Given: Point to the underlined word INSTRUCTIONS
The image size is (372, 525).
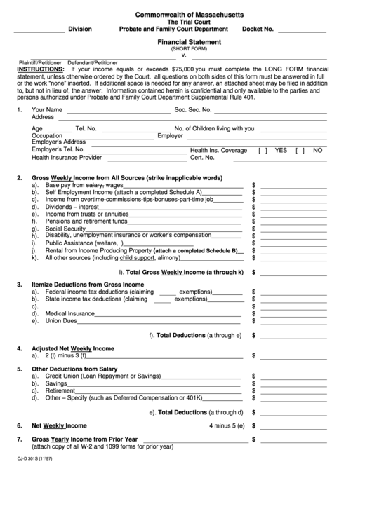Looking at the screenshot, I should [x=40, y=70].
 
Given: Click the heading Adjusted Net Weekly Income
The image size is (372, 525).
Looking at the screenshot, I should [x=72, y=348].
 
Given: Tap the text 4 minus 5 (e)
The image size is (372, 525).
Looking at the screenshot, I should [x=226, y=425].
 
